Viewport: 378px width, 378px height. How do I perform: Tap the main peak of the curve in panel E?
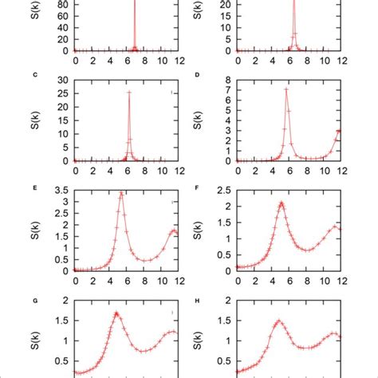(121, 193)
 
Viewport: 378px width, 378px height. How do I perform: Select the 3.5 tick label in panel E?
(58, 190)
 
